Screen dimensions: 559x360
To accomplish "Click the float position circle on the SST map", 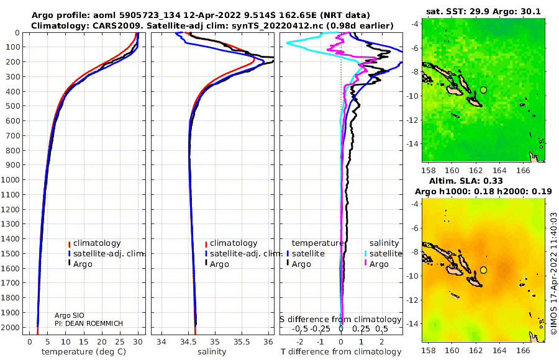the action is [483, 90].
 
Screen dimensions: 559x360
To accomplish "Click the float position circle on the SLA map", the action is [483, 270].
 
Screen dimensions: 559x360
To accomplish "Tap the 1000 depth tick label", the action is [10, 179].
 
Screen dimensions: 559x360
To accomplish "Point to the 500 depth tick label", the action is [12, 106].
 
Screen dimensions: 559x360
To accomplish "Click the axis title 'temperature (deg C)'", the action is [84, 351].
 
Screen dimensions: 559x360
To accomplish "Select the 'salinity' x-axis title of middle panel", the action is [212, 351].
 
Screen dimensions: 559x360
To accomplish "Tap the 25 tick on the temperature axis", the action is [120, 341].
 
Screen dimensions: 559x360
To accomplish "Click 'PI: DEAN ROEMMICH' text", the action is [89, 323].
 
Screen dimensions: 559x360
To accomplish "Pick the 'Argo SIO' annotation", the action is [69, 315].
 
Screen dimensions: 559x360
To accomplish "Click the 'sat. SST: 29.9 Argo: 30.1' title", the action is [483, 11].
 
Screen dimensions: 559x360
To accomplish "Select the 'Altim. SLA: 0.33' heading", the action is [466, 181].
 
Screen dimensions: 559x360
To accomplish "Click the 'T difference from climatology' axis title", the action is [341, 351].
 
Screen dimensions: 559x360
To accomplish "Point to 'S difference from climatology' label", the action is [340, 319].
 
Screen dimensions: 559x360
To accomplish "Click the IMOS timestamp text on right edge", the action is [553, 273].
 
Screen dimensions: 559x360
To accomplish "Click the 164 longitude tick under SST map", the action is [499, 170].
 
